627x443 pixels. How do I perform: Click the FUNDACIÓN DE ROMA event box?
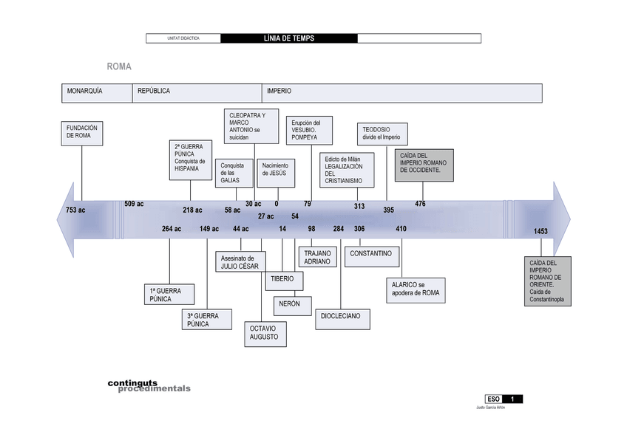coord(82,132)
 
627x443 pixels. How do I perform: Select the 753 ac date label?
coord(75,210)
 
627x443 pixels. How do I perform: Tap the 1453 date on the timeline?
coord(541,232)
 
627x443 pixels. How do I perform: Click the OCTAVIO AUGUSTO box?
coord(265,333)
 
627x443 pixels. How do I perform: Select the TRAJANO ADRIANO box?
coord(318,257)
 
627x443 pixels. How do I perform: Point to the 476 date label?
coord(420,204)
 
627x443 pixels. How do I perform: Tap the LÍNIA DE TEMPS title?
coord(288,38)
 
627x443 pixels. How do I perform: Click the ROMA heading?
coord(119,66)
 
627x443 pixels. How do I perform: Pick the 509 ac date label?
coord(134,204)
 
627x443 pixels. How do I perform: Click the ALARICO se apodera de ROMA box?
coord(416,289)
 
